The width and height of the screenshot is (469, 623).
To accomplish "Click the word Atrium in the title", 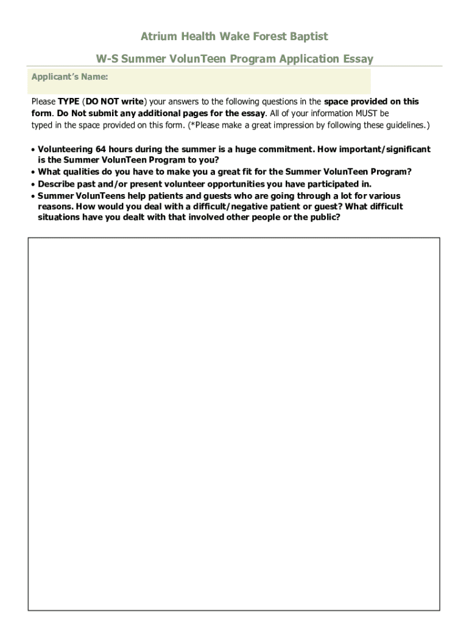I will tap(158, 37).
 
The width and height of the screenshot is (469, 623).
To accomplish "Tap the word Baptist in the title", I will tap(308, 37).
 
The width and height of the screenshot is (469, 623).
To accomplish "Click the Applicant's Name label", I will tap(70, 77).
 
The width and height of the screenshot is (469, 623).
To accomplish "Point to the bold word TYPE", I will tap(69, 102).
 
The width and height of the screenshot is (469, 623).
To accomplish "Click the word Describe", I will tap(56, 184).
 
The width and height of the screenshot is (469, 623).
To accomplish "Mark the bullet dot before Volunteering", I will tap(33, 150).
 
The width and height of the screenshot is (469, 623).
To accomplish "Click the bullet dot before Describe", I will tap(33, 184).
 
